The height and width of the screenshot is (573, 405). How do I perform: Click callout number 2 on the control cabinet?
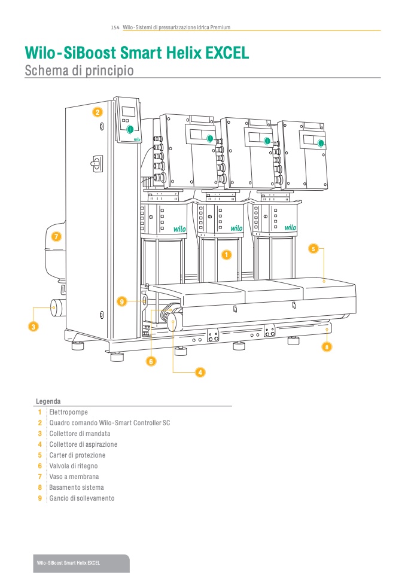(x=97, y=112)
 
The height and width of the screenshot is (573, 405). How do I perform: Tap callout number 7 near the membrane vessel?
(x=56, y=236)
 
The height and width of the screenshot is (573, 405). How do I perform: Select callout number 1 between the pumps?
(x=227, y=255)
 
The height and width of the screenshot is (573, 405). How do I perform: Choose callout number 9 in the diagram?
(x=122, y=302)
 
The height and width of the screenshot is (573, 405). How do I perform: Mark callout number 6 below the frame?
(x=151, y=361)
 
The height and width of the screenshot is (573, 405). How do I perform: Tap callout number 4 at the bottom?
(x=200, y=372)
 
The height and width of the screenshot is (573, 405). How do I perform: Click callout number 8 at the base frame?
(x=327, y=346)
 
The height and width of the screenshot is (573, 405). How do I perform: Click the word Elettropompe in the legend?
(x=66, y=412)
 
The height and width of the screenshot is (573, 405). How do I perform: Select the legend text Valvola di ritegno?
(x=73, y=466)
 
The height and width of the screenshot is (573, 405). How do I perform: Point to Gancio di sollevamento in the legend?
(x=81, y=498)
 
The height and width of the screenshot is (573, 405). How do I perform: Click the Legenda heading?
(x=48, y=401)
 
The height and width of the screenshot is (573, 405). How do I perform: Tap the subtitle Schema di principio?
(x=79, y=71)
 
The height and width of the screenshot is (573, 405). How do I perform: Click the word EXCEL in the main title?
(x=227, y=53)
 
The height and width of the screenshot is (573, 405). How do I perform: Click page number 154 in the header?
(x=115, y=28)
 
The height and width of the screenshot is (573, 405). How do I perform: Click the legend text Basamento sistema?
(x=76, y=487)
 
